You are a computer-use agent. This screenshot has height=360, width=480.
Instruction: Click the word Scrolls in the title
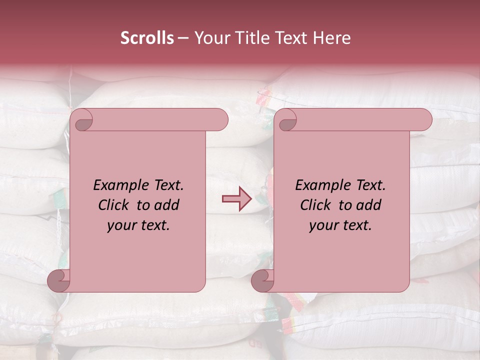pyautogui.click(x=147, y=38)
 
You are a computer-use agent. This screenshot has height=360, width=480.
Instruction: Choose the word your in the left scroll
pyautogui.click(x=121, y=226)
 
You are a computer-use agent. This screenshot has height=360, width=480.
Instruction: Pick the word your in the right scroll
pyautogui.click(x=323, y=226)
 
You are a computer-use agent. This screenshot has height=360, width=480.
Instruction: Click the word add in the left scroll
pyautogui.click(x=167, y=205)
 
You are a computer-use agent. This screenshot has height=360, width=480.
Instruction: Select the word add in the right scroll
pyautogui.click(x=369, y=205)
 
